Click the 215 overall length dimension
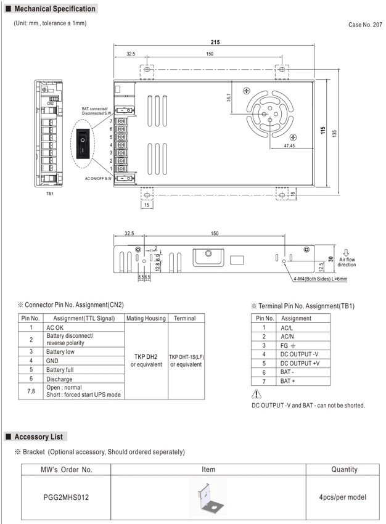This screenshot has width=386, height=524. [215, 42]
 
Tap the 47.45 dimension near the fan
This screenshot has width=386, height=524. [289, 145]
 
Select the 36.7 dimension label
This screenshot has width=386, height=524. [229, 97]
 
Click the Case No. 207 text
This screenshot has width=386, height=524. [365, 25]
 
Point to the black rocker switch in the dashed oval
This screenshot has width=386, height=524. [83, 143]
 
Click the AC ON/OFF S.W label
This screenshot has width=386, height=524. [98, 178]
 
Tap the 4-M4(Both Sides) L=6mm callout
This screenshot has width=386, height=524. [320, 279]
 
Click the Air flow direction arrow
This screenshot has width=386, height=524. [347, 253]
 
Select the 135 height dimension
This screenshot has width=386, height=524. [335, 133]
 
